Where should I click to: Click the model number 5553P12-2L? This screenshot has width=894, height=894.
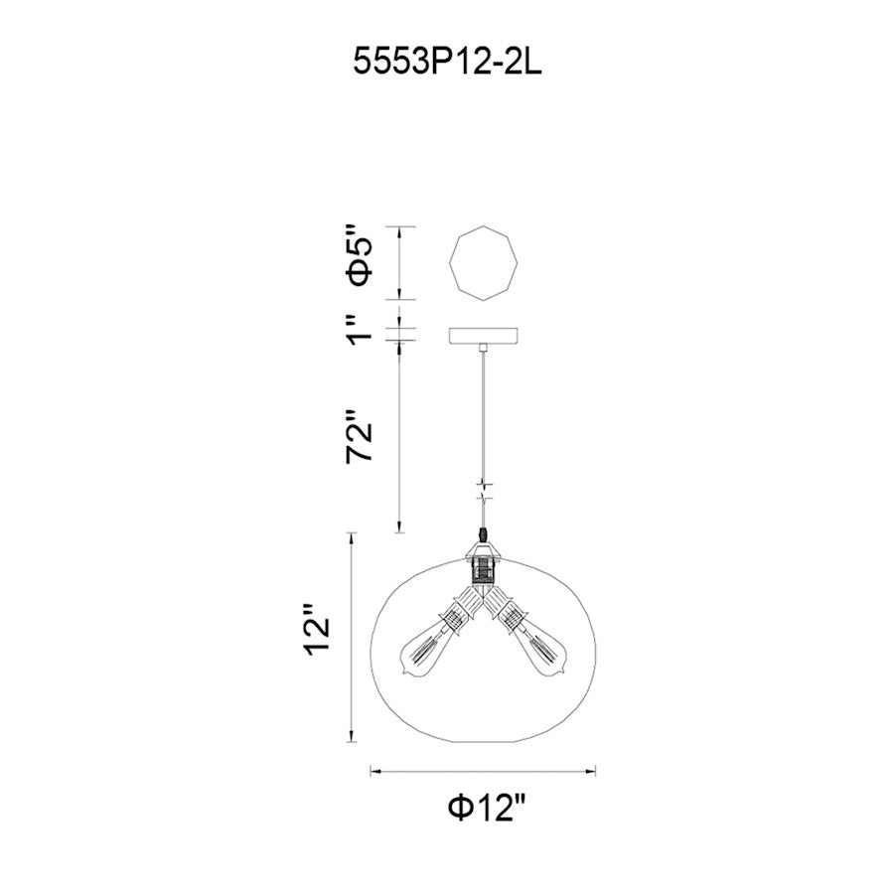[446, 66]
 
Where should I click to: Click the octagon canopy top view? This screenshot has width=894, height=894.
[483, 264]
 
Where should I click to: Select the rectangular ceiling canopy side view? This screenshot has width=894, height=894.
[483, 337]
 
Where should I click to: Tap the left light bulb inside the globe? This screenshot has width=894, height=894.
[423, 652]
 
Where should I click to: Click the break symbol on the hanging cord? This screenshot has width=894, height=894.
[484, 493]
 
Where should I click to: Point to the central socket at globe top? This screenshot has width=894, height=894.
[483, 567]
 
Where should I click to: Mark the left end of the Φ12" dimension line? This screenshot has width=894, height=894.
[372, 769]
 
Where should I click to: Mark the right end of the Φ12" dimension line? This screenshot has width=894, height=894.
[595, 769]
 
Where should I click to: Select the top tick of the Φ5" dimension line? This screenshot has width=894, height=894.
[399, 228]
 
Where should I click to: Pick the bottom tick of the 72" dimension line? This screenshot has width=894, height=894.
[399, 532]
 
